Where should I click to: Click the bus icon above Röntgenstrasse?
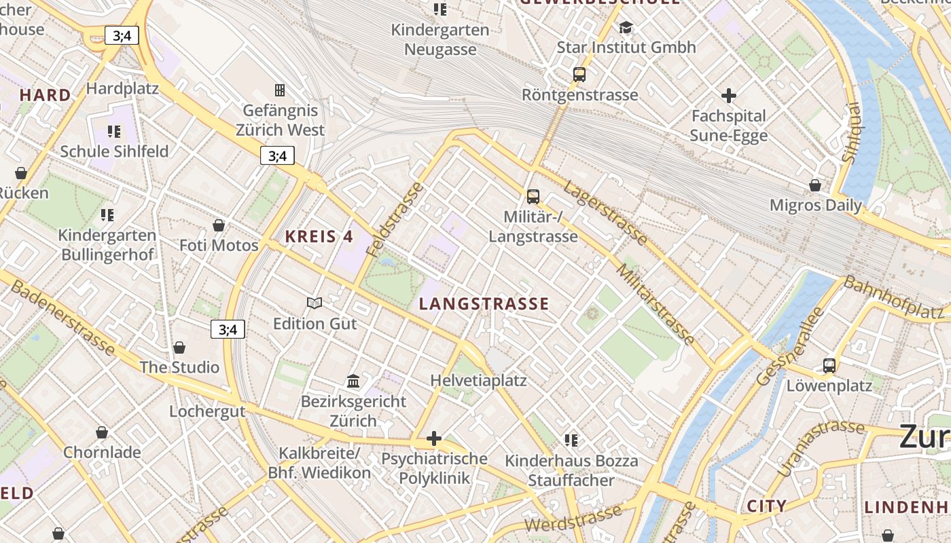click(x=579, y=75)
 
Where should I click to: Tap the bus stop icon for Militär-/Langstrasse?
click(x=533, y=197)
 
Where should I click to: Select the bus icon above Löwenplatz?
click(x=829, y=366)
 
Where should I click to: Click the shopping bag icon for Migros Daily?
click(x=815, y=185)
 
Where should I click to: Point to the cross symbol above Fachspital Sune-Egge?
click(x=729, y=96)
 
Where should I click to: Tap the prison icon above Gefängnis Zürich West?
click(x=279, y=90)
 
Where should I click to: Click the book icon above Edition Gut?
click(x=314, y=303)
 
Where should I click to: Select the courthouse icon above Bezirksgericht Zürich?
click(x=353, y=381)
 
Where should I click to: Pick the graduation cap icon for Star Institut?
click(x=626, y=27)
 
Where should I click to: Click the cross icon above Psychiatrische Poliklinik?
click(x=434, y=438)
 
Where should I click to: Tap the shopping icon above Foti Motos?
click(x=219, y=225)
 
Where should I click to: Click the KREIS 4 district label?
click(x=319, y=237)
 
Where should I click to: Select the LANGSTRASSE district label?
click(x=484, y=304)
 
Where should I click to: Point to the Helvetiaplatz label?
click(x=479, y=380)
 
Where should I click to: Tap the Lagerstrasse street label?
click(x=605, y=212)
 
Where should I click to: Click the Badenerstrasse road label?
click(x=62, y=317)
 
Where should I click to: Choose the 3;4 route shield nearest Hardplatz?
click(x=122, y=35)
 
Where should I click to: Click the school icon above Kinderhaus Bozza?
click(x=571, y=441)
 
